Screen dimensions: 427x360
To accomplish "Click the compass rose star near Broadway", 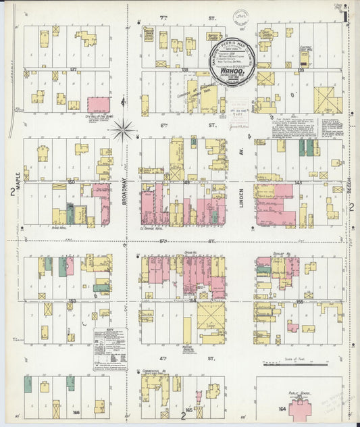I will click(124, 129).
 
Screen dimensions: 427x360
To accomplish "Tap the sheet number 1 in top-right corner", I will click(344, 15).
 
